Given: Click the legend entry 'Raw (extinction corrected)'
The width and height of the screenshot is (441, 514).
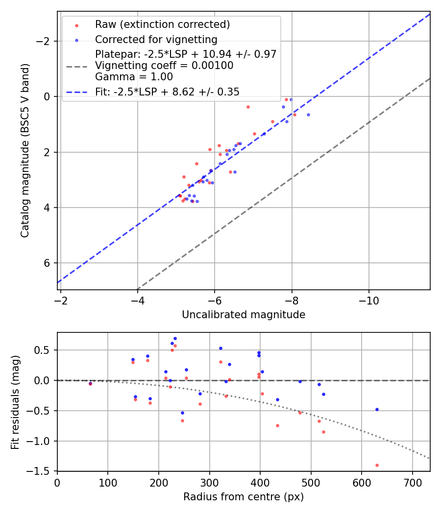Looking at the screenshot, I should pyautogui.click(x=163, y=24).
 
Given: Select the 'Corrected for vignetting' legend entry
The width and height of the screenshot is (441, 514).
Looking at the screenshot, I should pyautogui.click(x=156, y=39).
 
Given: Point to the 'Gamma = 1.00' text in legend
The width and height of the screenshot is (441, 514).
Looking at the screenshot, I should pyautogui.click(x=134, y=76).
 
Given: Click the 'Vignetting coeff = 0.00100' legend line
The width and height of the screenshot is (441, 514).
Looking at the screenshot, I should pyautogui.click(x=164, y=65).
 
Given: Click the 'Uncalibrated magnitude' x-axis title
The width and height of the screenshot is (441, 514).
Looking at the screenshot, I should pyautogui.click(x=244, y=315).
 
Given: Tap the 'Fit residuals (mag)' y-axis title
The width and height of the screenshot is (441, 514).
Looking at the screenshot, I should pyautogui.click(x=15, y=401).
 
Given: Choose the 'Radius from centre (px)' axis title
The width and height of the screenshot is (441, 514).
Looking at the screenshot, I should pyautogui.click(x=244, y=497).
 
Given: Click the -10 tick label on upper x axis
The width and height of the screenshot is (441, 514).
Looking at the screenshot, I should pyautogui.click(x=369, y=301).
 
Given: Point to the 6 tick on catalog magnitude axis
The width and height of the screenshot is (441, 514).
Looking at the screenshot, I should pyautogui.click(x=48, y=263).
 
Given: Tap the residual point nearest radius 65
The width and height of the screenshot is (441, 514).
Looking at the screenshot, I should pyautogui.click(x=90, y=384).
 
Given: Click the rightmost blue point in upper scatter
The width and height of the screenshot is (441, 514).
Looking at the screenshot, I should pyautogui.click(x=308, y=115).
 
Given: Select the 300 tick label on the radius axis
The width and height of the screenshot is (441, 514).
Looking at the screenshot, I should pyautogui.click(x=210, y=482).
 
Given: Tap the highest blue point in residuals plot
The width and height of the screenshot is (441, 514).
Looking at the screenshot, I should pyautogui.click(x=175, y=338).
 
